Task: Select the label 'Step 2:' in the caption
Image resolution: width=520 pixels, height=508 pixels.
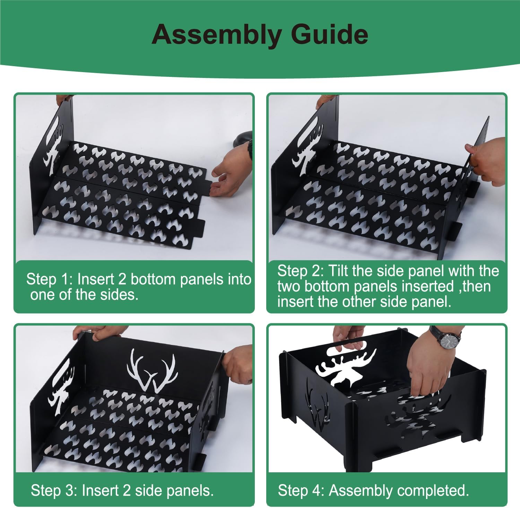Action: tap(301, 271)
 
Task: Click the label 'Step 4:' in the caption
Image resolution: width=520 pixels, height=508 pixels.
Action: tap(301, 490)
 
